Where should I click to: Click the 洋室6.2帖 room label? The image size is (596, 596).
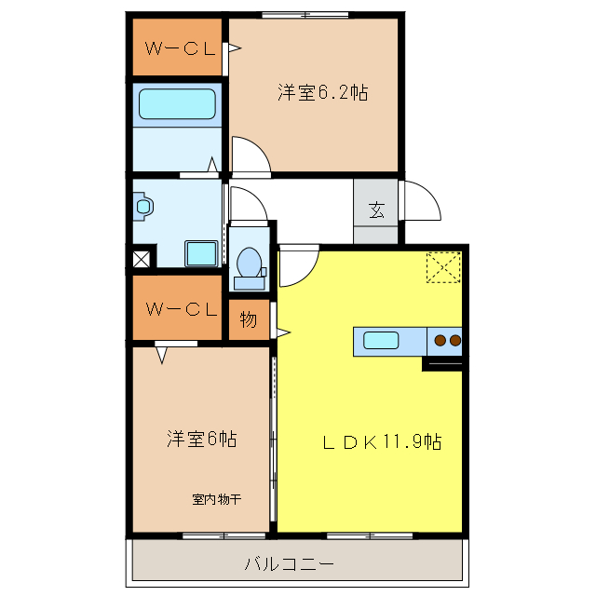(321, 92)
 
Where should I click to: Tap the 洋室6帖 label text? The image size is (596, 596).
(201, 438)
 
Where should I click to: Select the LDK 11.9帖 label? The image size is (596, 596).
(382, 443)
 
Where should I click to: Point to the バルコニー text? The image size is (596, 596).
(289, 563)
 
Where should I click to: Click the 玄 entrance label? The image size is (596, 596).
(375, 209)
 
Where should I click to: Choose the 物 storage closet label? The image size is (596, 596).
(249, 319)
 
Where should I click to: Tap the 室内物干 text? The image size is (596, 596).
(217, 499)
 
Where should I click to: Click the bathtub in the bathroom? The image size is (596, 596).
(177, 102)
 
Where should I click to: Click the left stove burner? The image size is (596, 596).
(440, 340)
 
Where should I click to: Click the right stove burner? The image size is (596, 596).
(454, 340)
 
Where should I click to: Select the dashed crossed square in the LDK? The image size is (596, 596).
(443, 267)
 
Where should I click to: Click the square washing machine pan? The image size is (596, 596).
(201, 253)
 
